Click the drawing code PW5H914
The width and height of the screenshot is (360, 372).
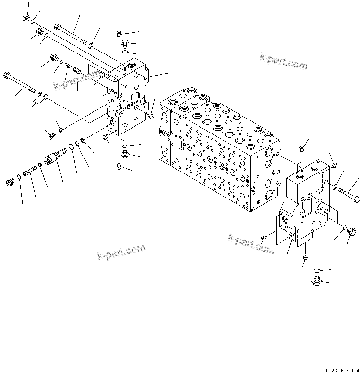[x=342, y=369]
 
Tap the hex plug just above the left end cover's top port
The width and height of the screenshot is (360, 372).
[x=125, y=42]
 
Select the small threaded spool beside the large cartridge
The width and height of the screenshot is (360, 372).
[x=33, y=170]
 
